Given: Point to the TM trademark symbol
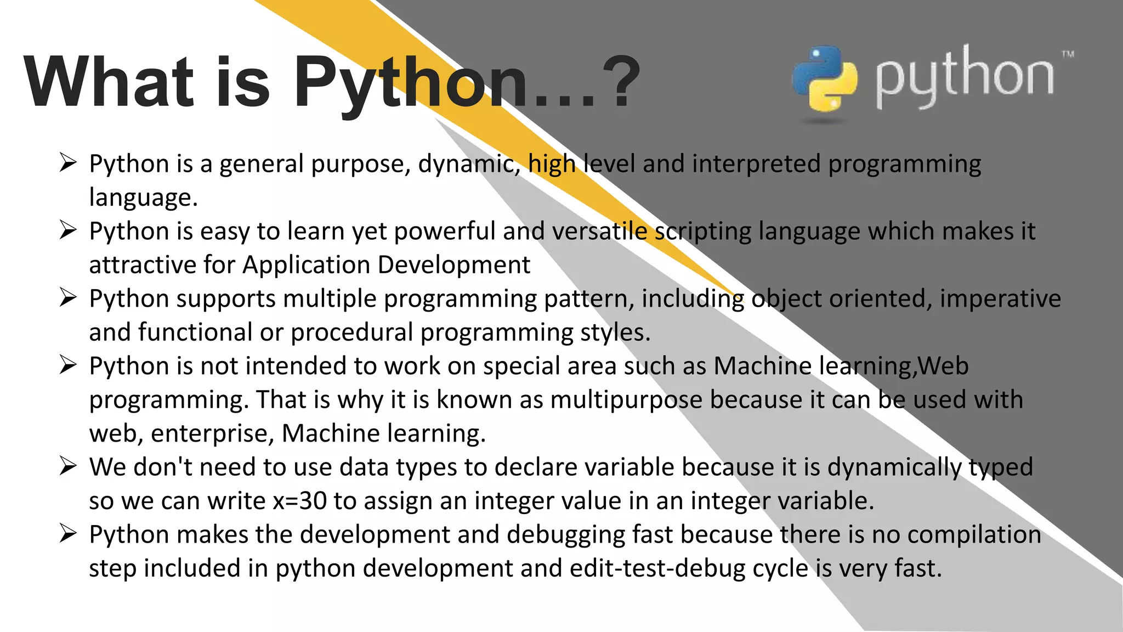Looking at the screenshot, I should pos(1068,54).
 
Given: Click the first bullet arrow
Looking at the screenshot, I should pos(68,163).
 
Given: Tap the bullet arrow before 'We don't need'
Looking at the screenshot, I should pos(68,466).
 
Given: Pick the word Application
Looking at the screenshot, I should pos(307,265).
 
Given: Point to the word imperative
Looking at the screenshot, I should pos(1000,299).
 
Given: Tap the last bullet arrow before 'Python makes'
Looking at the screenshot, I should pos(68,534).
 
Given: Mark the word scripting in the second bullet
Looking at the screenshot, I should pos(704,232).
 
